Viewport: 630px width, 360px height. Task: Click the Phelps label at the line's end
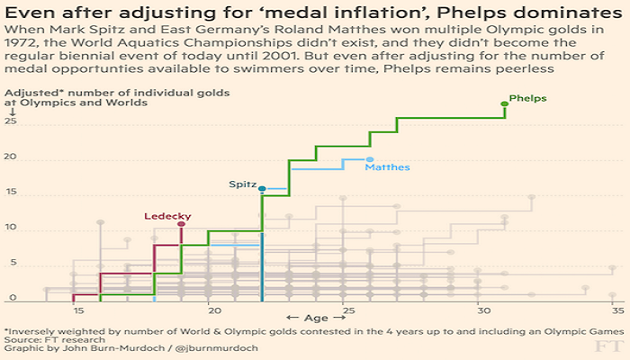(x=527, y=97)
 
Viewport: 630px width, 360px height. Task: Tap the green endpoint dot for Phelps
(x=505, y=105)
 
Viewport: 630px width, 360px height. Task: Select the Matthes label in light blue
(x=387, y=167)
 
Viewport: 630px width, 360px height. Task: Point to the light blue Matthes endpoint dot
(x=370, y=159)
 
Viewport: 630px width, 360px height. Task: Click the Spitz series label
(x=241, y=184)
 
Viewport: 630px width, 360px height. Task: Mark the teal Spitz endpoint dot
(x=262, y=189)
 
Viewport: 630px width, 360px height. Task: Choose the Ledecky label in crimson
(x=165, y=216)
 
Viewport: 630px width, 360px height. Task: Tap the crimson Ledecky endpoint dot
(x=182, y=224)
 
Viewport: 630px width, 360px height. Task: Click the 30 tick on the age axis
(x=483, y=310)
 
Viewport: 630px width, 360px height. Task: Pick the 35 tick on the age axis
(x=617, y=310)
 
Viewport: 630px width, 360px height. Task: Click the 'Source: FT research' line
(x=54, y=339)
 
